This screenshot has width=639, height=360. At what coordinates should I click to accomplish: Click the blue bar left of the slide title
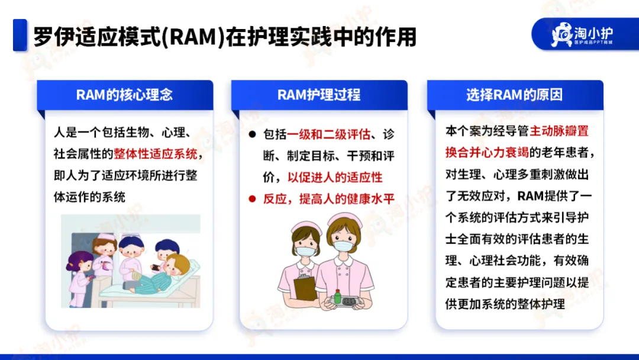20,35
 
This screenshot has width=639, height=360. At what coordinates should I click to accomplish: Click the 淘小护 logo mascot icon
562,34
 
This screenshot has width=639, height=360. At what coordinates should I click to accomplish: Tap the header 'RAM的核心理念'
125,95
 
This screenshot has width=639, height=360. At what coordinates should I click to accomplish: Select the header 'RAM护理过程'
319,95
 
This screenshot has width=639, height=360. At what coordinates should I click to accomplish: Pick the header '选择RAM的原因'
514,95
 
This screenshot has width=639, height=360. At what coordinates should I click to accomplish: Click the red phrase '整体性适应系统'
155,154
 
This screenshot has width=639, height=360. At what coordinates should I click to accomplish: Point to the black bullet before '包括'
252,134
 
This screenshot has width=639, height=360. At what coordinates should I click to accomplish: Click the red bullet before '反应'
252,199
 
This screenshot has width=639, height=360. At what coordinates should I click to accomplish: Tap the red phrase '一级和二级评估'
328,134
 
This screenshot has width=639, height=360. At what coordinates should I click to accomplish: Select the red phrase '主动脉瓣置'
559,131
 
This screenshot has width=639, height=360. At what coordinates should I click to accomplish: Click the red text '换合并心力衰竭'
487,152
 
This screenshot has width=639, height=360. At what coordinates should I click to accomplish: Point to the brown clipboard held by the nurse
305,287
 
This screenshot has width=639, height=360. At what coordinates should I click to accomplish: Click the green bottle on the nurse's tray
337,296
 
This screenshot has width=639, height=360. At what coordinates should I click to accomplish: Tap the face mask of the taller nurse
343,246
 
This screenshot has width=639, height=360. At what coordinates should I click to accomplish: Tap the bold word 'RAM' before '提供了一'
531,196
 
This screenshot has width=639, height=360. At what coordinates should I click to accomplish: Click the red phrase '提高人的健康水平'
347,199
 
